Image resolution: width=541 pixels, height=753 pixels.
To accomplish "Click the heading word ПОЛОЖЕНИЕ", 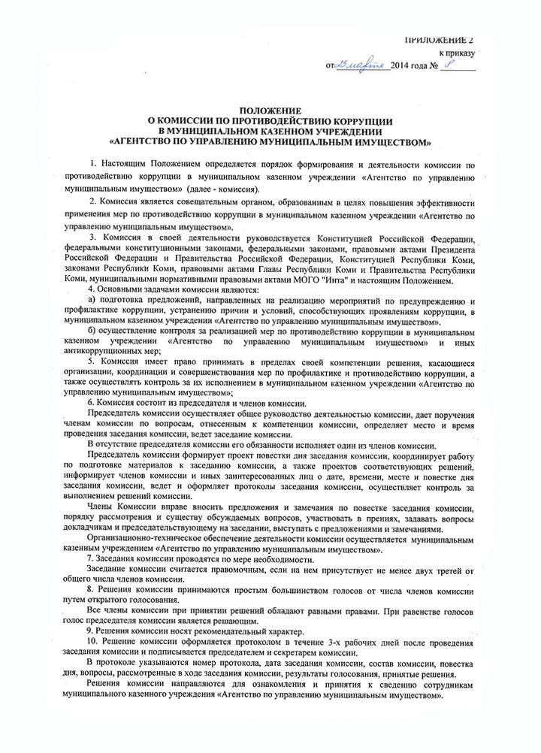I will click(x=270, y=110).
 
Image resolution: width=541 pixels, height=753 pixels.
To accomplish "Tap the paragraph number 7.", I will click(x=90, y=559).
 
